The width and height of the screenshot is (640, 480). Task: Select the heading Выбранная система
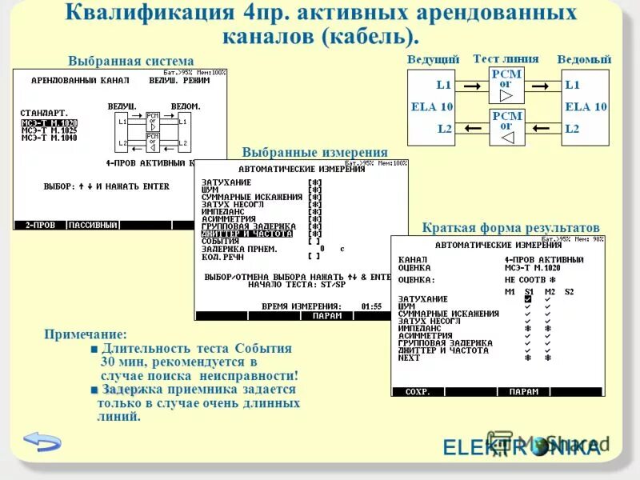coord(130,61)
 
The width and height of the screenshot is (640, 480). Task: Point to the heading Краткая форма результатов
coord(510,228)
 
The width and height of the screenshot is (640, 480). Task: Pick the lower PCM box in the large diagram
coord(506,127)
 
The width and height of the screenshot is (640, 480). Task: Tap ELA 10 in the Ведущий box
coord(432,106)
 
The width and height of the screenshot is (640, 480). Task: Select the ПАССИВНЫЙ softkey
coord(92,225)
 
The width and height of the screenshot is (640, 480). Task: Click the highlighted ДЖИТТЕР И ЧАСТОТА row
coord(247,234)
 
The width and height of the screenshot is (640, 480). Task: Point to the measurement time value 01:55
coord(371,306)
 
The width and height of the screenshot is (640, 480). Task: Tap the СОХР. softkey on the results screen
coord(418,392)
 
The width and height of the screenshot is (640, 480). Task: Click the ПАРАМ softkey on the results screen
coord(524,392)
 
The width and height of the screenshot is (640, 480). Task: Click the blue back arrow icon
coord(42,441)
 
